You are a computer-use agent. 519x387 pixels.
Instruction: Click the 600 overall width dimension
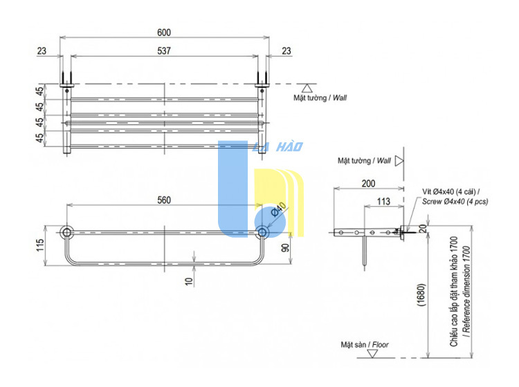pos(164,32)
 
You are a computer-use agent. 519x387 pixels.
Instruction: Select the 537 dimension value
pos(164,50)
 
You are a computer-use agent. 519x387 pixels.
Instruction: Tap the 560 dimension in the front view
pos(164,200)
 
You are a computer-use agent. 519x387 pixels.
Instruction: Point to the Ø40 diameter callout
pos(278,209)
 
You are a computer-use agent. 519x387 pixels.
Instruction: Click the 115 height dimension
pos(39,245)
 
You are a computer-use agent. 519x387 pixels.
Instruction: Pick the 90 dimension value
pos(285,247)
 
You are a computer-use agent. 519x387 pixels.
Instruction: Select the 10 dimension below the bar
pos(188,281)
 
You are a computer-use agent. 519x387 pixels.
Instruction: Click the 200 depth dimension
pos(368,183)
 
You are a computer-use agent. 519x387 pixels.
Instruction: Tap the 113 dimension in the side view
pos(383,201)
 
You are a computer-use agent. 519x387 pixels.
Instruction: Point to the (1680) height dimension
pos(421,295)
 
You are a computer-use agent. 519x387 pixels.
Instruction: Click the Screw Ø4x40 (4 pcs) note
pos(455,202)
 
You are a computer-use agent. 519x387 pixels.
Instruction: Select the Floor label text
pos(381,345)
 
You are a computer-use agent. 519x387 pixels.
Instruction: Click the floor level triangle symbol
pos(373,354)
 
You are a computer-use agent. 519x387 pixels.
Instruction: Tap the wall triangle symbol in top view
pos(307,88)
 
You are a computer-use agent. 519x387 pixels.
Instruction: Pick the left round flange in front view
pos(66,232)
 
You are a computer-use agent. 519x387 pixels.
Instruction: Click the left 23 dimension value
pos(42,51)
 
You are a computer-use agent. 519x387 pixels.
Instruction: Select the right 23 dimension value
pos(286,51)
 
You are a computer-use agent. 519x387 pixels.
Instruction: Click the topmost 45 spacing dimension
pos(39,91)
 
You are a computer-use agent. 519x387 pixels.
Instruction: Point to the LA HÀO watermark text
pos(277,147)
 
